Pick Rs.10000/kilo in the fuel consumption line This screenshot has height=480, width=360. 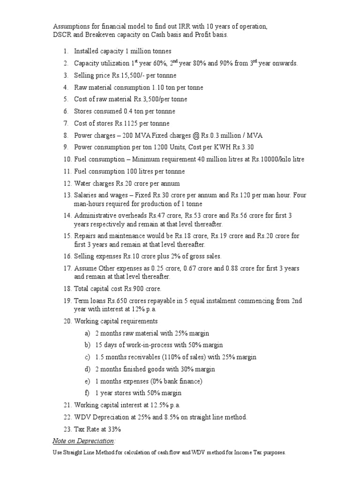(269, 159)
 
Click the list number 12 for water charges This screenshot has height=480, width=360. (67, 184)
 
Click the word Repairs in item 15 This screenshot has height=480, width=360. (85, 236)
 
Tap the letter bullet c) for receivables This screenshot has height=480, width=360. (87, 357)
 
